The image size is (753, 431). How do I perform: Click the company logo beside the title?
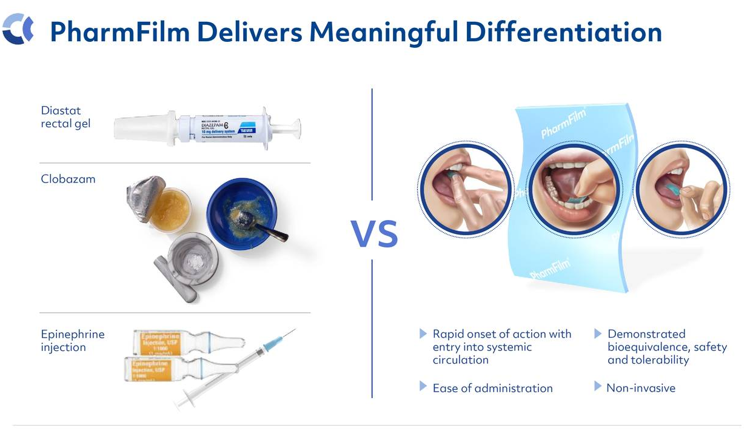click(x=18, y=30)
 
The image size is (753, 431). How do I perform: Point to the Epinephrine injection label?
click(x=64, y=341)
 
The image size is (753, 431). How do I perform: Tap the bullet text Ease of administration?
click(x=492, y=388)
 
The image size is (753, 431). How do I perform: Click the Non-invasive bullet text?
click(x=641, y=388)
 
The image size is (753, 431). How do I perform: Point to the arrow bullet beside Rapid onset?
click(x=423, y=334)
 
